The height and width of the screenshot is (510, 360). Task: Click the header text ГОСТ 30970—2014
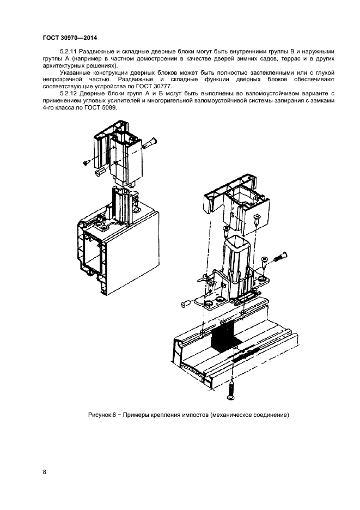click(x=65, y=38)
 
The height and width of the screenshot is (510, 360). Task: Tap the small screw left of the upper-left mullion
click(x=87, y=162)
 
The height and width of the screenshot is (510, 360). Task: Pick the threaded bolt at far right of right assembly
click(x=278, y=256)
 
